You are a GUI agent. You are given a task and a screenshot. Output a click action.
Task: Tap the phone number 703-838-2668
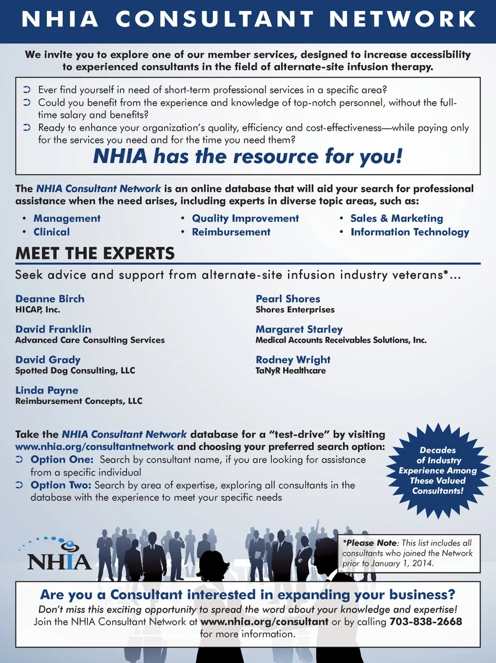(426, 622)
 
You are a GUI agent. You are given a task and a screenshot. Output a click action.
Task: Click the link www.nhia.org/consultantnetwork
(95, 447)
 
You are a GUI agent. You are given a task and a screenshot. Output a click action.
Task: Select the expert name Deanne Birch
(50, 298)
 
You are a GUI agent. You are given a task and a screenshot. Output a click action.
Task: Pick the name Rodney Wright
(293, 360)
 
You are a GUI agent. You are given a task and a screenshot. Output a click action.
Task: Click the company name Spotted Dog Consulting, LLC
(75, 371)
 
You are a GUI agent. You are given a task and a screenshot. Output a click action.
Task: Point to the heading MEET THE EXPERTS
(95, 254)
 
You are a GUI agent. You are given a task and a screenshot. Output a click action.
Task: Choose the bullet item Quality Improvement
(245, 218)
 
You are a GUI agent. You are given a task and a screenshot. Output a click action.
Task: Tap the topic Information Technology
(410, 232)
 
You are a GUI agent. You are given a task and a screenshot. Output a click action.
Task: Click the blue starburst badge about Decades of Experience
(438, 470)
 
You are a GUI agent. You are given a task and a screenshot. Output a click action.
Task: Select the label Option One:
(62, 460)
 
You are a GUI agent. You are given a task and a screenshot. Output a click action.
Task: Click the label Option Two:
(61, 485)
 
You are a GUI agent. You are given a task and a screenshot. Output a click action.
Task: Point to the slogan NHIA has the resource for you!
(248, 156)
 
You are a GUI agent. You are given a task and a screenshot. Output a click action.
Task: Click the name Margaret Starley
(299, 329)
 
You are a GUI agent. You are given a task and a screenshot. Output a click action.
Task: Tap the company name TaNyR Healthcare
(290, 371)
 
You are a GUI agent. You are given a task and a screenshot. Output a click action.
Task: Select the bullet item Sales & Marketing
(396, 218)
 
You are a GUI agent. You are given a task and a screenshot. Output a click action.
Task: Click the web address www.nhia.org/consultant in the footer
(264, 622)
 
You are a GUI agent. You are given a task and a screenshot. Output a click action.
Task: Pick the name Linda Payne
(47, 390)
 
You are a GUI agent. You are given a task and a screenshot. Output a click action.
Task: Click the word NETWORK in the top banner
(402, 19)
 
